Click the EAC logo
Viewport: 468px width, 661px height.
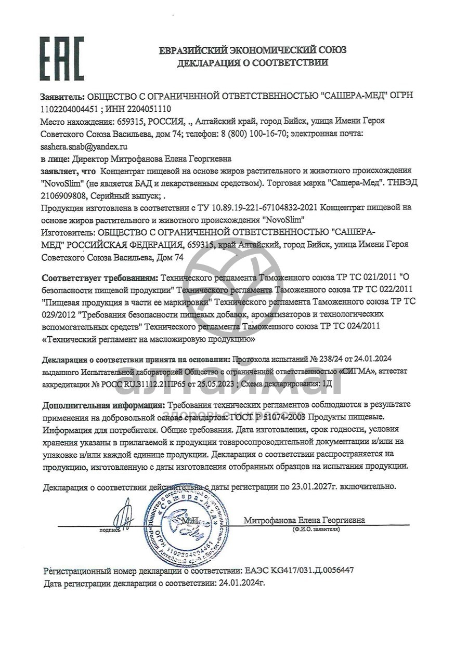point(62,58)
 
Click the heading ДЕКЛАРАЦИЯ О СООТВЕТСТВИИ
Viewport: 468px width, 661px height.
point(253,63)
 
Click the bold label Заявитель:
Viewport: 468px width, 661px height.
point(62,97)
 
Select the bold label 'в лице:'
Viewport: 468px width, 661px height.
point(55,159)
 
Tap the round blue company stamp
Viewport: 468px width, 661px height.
point(186,521)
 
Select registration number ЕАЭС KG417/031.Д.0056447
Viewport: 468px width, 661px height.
point(298,570)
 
